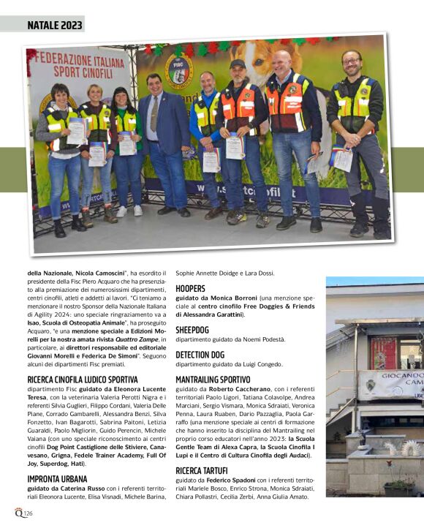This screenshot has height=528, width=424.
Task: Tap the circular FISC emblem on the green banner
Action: coord(178,71)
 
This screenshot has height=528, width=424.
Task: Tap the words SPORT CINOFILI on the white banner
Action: coord(83,72)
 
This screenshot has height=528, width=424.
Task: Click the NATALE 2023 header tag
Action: coord(55,25)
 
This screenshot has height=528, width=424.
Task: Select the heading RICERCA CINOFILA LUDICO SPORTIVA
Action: coord(83,380)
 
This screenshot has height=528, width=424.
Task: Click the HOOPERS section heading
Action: coord(190,289)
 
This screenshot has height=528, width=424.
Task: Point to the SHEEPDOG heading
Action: coord(192,330)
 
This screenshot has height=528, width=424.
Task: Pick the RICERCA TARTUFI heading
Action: coord(202,469)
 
